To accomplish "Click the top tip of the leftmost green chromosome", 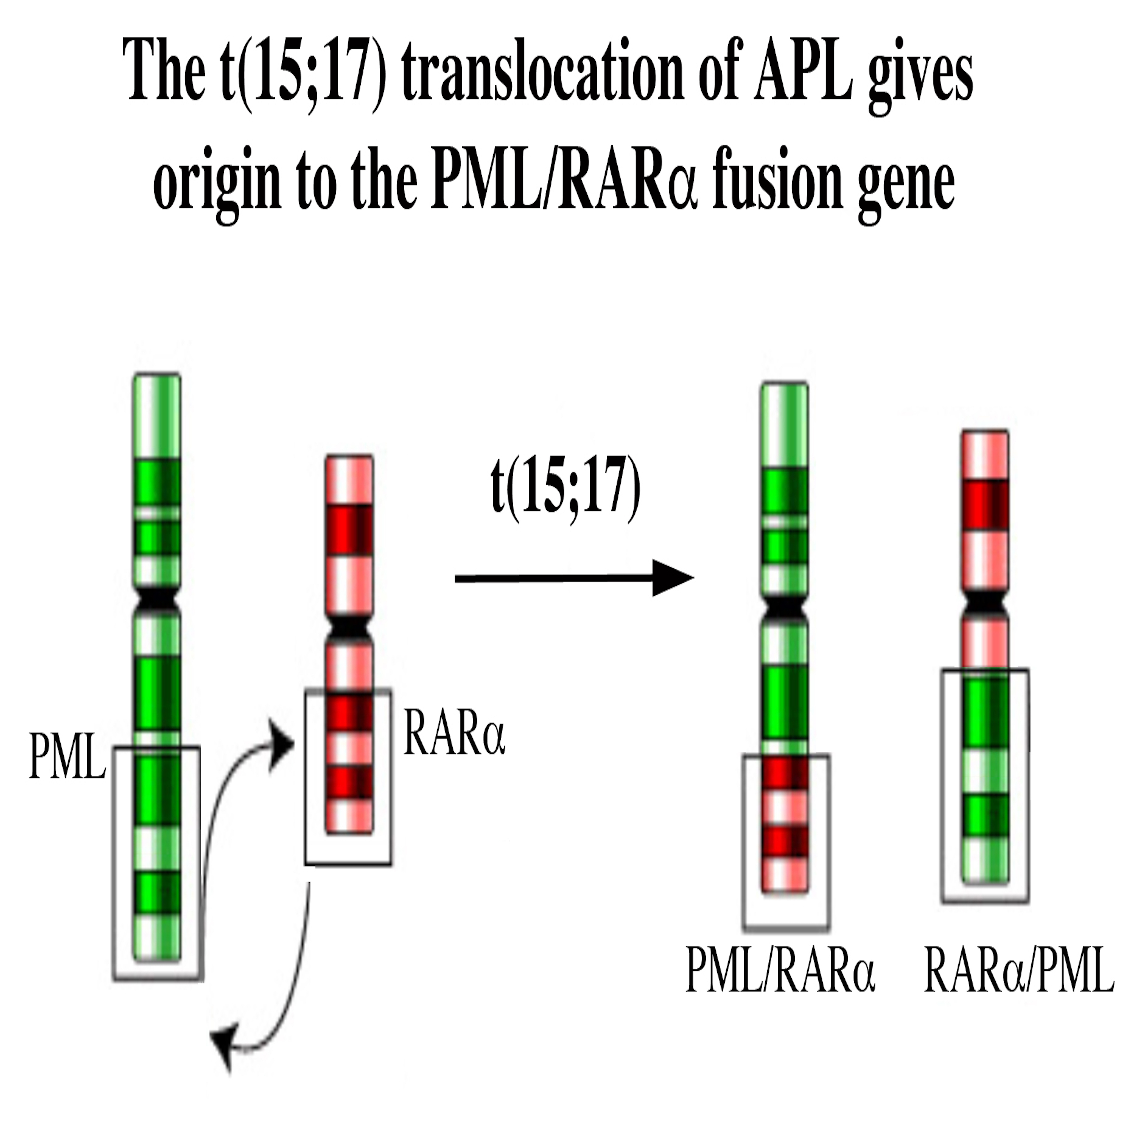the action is [157, 374].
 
